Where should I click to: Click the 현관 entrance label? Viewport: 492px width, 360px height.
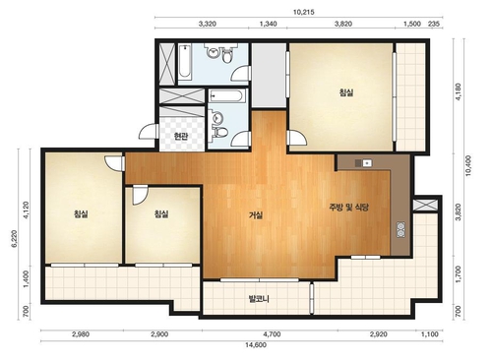tap(181, 136)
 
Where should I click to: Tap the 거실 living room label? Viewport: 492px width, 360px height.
tap(256, 215)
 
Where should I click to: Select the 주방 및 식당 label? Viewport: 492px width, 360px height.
tap(349, 208)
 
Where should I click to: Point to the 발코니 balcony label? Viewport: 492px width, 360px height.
tap(259, 299)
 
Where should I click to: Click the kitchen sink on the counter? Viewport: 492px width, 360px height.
tap(364, 162)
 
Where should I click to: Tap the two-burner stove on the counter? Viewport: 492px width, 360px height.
tap(400, 230)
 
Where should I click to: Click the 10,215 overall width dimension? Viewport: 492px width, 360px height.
tap(303, 13)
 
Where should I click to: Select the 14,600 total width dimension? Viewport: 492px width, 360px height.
tap(256, 345)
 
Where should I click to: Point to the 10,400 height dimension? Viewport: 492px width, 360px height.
tap(468, 165)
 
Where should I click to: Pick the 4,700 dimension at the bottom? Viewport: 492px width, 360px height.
tap(272, 334)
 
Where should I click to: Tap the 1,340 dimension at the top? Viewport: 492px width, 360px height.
tap(268, 24)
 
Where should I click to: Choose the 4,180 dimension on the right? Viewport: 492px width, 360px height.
tap(459, 92)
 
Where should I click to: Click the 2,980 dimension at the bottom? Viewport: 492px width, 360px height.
tap(81, 334)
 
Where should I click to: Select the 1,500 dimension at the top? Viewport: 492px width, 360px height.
tap(412, 24)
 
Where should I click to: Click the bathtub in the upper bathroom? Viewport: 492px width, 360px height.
tap(185, 62)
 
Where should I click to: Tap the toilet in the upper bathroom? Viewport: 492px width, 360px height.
tap(226, 56)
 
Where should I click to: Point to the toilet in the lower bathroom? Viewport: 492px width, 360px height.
tap(219, 132)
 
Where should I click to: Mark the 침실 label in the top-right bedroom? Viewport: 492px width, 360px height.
tap(346, 92)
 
